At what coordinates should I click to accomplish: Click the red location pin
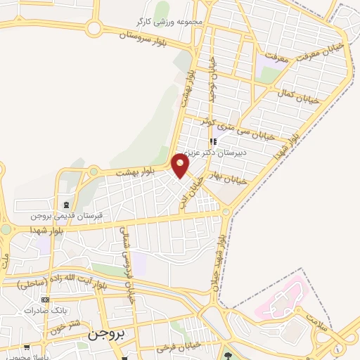point(181,165)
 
